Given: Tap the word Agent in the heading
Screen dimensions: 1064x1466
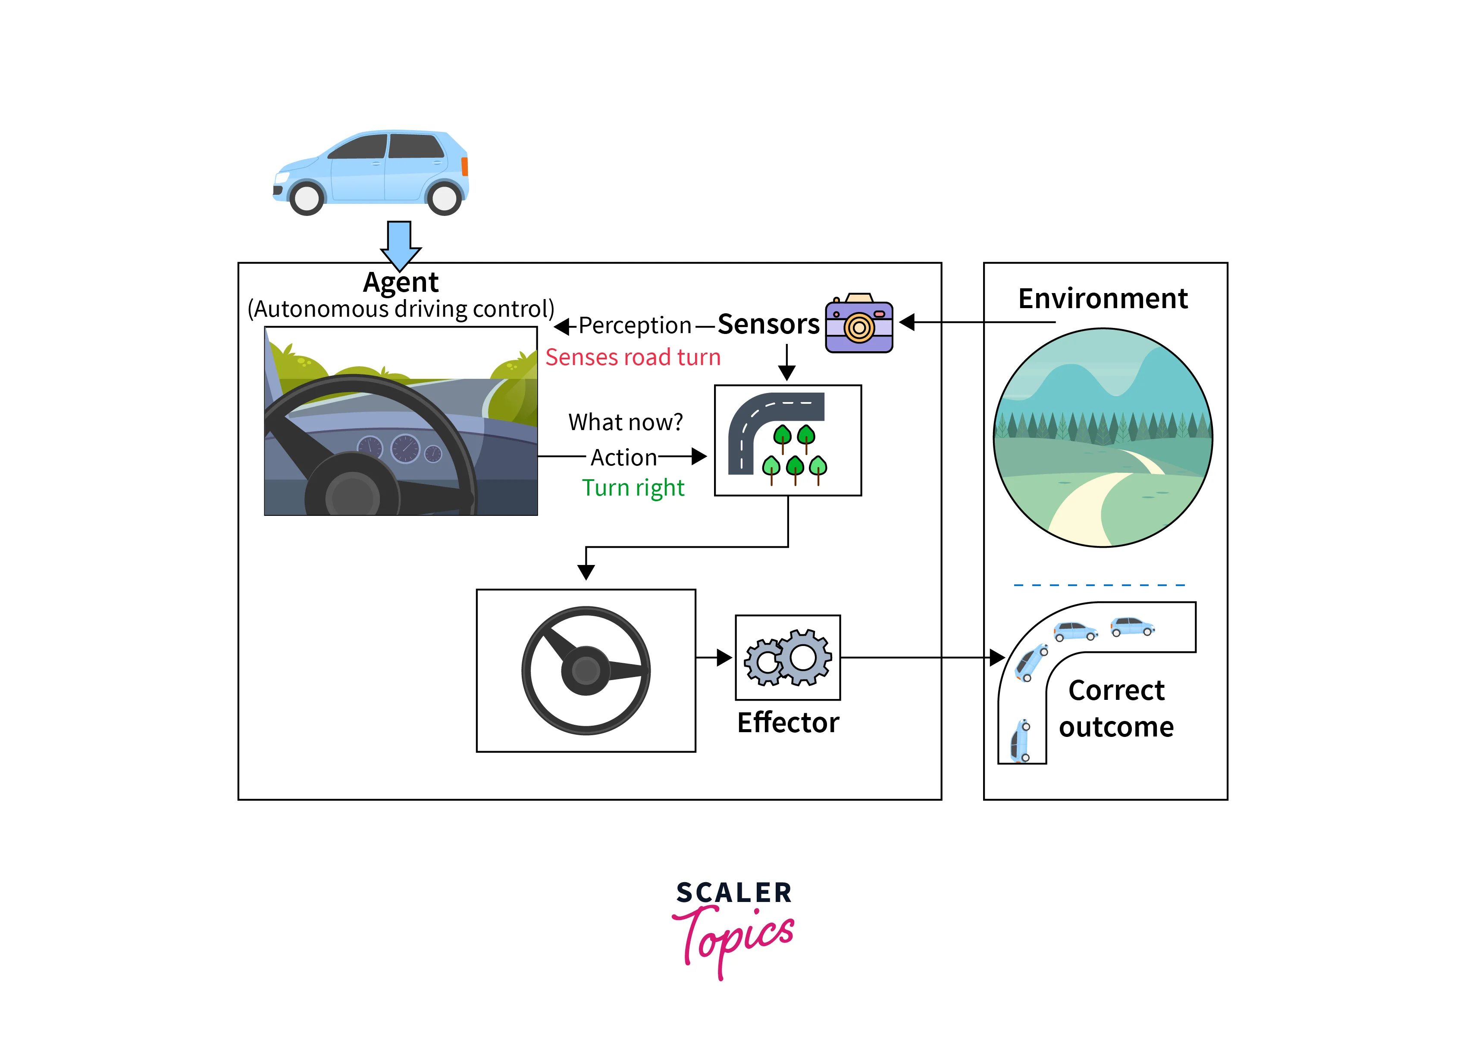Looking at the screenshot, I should click(x=401, y=282).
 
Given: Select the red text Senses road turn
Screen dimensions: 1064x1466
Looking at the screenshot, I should click(x=633, y=357).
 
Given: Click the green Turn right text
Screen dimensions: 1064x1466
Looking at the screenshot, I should click(x=633, y=488).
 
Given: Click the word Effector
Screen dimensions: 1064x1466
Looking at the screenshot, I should click(x=788, y=723).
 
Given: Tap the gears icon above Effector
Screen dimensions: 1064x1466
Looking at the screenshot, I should click(x=788, y=658).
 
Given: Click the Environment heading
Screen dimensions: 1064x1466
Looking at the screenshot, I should click(x=1103, y=299).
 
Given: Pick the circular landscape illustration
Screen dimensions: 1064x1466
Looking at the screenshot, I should click(x=1103, y=438).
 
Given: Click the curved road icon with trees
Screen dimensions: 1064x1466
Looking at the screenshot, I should click(x=787, y=440).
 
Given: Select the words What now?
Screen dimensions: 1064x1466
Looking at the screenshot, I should click(x=625, y=422).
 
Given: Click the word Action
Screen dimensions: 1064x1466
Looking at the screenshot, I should click(x=624, y=457).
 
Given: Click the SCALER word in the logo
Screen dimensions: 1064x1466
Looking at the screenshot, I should click(x=733, y=893).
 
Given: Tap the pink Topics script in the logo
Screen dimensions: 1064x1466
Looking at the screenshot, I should click(x=733, y=937).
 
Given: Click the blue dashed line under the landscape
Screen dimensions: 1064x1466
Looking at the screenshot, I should click(x=1099, y=585).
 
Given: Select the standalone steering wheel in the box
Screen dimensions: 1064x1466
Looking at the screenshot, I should click(x=586, y=671).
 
